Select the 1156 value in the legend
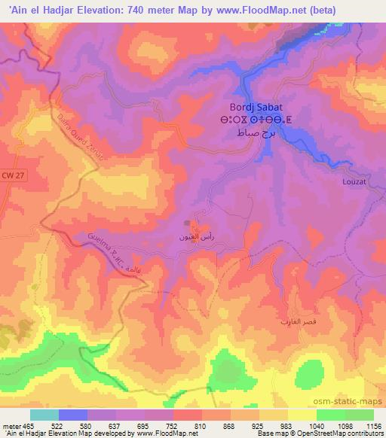click(372, 426)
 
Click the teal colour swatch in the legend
click(44, 414)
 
